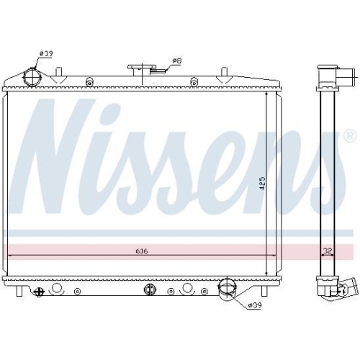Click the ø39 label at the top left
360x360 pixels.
45,53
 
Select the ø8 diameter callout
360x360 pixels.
176,60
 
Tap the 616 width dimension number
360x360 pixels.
140,251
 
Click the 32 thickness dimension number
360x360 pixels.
328,251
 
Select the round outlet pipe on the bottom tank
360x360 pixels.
228,289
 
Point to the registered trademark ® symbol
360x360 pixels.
349,135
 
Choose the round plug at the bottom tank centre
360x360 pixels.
150,289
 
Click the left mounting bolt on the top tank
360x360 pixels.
89,81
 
